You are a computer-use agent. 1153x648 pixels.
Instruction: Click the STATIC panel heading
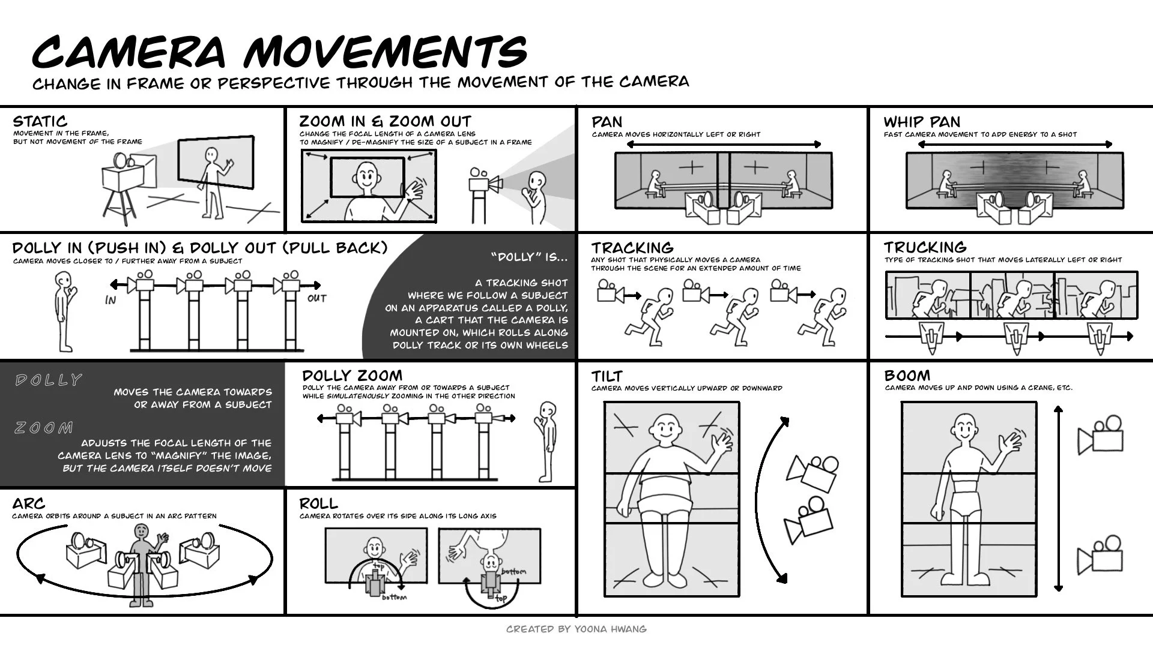point(40,121)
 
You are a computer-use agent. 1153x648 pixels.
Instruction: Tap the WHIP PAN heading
point(922,122)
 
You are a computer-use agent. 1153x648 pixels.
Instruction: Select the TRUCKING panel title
point(925,247)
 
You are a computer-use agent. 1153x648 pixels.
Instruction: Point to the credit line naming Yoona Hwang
point(576,629)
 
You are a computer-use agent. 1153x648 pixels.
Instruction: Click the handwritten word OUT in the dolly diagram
point(317,298)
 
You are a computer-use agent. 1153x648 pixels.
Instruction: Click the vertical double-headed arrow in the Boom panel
point(1058,498)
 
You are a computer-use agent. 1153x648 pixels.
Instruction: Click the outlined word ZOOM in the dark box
point(44,428)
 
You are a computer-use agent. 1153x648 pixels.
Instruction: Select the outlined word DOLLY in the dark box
point(48,380)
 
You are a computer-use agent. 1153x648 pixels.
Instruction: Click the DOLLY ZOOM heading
point(353,376)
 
